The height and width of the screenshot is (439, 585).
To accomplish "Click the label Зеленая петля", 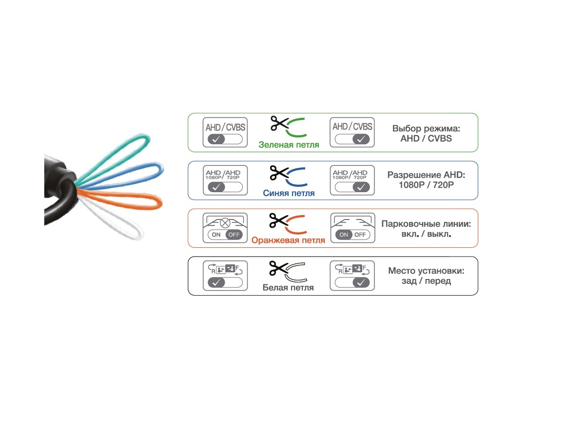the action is tap(289, 145).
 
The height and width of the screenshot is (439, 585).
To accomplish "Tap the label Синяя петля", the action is tap(289, 193).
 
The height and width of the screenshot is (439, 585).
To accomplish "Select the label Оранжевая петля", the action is tap(288, 240).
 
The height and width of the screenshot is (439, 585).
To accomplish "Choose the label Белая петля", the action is tap(288, 287).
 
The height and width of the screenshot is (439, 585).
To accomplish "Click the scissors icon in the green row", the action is tap(279, 123).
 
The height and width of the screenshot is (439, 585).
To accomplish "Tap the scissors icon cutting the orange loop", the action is tap(279, 220).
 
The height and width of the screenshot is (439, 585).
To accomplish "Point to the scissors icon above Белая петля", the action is tap(279, 268).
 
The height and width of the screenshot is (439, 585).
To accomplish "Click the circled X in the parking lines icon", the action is tap(225, 222).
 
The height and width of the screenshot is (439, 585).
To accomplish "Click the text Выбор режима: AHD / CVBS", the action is tap(426, 134).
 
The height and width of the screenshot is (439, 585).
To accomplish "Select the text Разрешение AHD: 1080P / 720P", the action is tap(426, 180).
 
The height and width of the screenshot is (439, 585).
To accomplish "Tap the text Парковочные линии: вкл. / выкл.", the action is tap(426, 229).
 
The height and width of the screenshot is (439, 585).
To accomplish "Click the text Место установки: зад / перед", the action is tap(426, 276).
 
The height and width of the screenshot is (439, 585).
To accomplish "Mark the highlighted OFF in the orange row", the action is tap(234, 235).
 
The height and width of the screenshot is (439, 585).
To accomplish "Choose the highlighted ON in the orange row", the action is tap(344, 235).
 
